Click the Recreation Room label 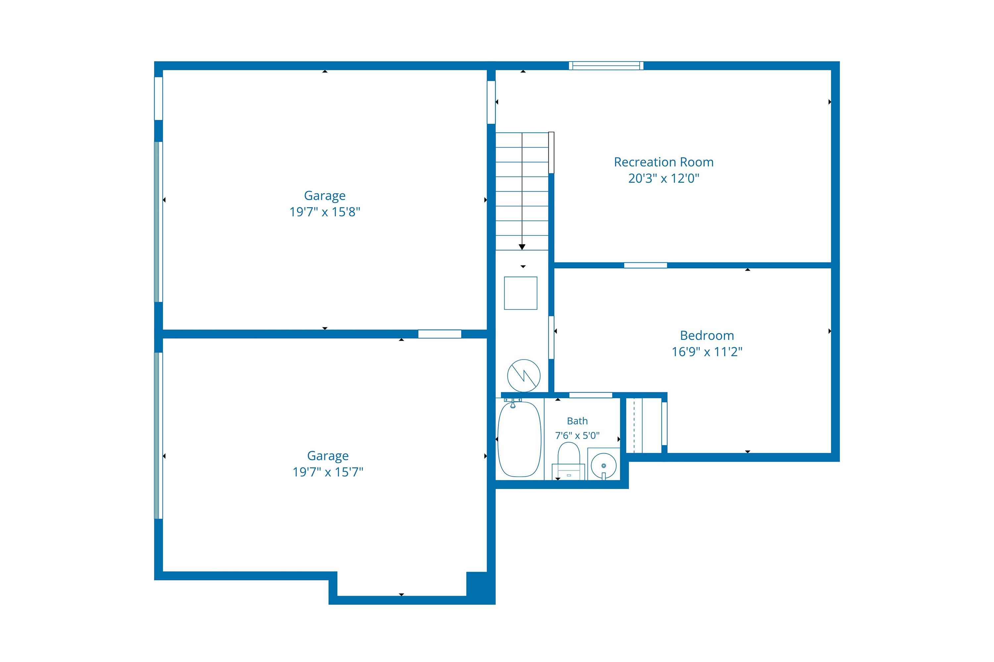coord(664,162)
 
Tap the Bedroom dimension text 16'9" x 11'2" coord(707,352)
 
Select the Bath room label coord(577,421)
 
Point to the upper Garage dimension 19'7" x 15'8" coord(325,212)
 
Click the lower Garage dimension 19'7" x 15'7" coord(328,472)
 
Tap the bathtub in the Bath coord(520,439)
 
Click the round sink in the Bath coord(603,465)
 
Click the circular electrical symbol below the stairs coord(524,376)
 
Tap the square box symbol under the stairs coord(521,293)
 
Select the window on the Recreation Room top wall coord(606,66)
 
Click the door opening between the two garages coord(440,334)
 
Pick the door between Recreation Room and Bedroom coord(645,265)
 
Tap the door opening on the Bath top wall coord(590,395)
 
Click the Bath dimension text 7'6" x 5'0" coord(577,435)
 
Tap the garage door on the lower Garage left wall coord(158,436)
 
